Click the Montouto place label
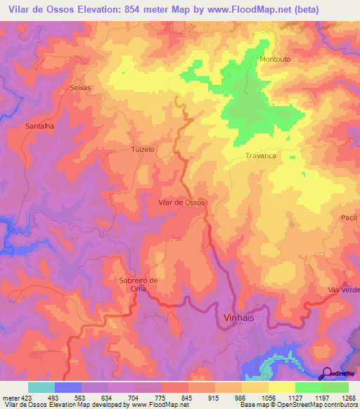[x=275, y=59]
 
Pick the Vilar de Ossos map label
[x=182, y=202]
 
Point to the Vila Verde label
[x=342, y=290]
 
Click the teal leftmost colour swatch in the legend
[x=41, y=387]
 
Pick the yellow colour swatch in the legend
[x=281, y=387]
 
